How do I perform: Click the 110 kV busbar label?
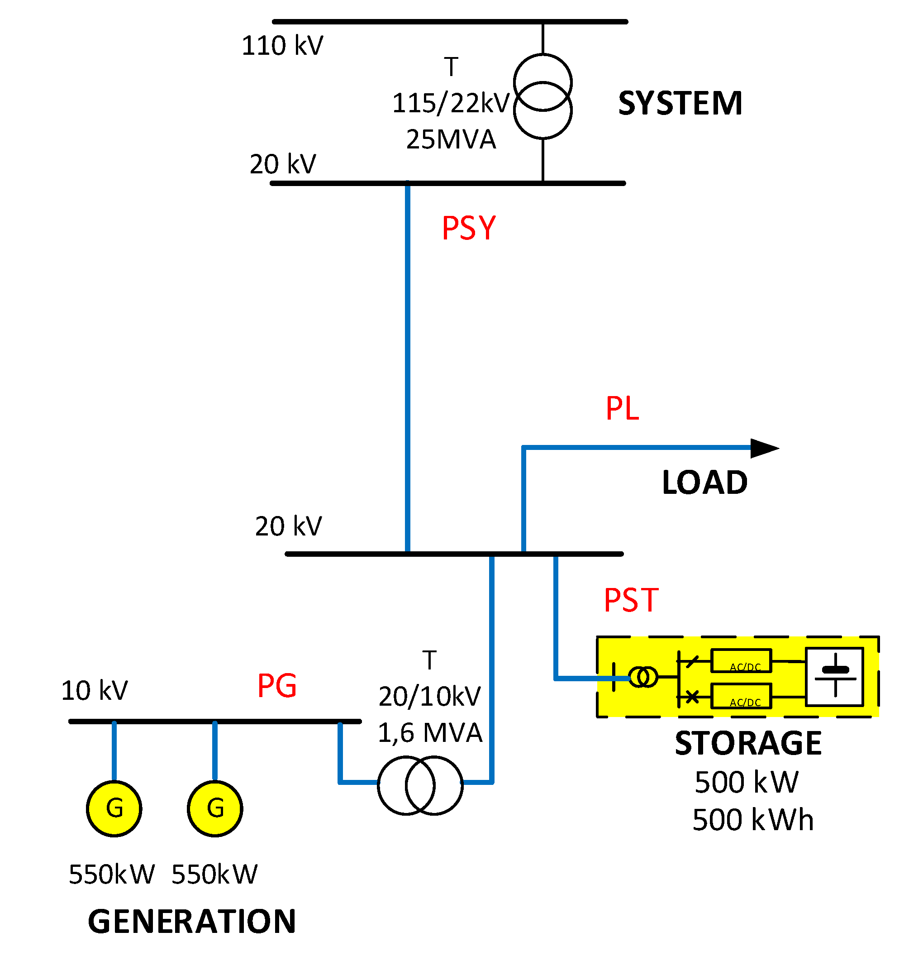(x=282, y=46)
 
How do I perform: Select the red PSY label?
(x=468, y=228)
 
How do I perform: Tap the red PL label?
(x=622, y=408)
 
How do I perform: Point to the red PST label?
(x=631, y=600)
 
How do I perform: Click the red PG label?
(x=277, y=686)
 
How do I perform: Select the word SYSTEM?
(x=680, y=103)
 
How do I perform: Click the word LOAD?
(x=704, y=483)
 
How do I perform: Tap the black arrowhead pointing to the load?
(x=764, y=448)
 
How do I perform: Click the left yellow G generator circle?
(x=114, y=808)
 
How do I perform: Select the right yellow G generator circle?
(x=215, y=808)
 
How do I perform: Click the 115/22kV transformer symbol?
(x=542, y=96)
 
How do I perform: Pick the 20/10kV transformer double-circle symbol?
(x=420, y=785)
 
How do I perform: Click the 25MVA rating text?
(x=451, y=140)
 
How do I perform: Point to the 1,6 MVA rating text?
(x=430, y=733)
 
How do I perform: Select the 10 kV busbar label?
(x=95, y=690)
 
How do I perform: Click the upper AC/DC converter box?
(x=741, y=661)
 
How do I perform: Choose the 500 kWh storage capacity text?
(x=753, y=820)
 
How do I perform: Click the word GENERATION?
(x=192, y=922)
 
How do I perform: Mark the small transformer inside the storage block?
(x=643, y=677)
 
